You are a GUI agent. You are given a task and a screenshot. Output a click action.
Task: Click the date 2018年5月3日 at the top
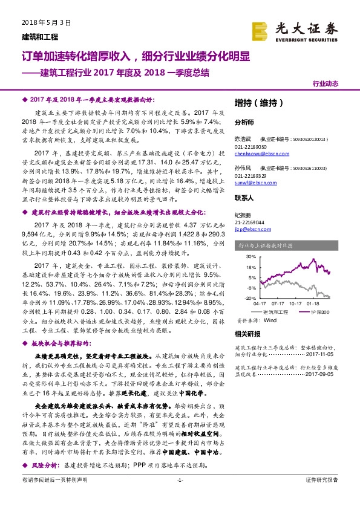42,22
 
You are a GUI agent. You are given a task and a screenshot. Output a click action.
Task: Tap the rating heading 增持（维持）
256,103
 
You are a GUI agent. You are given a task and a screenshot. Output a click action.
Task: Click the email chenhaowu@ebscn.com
256,155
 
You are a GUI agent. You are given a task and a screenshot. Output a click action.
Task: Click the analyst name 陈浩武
242,138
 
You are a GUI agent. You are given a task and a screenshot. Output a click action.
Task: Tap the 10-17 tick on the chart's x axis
296,303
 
